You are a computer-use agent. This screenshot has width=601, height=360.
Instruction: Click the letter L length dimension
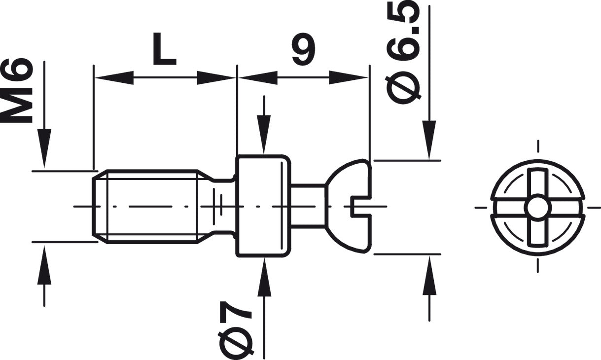click(x=164, y=49)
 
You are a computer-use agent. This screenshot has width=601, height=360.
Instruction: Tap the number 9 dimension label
click(x=303, y=49)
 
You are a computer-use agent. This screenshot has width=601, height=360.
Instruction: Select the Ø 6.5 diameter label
click(x=403, y=52)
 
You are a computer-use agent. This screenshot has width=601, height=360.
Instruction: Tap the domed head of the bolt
click(x=349, y=206)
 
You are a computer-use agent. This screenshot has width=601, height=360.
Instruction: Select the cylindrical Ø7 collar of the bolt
click(x=263, y=206)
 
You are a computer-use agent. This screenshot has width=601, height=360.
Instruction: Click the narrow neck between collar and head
click(x=308, y=206)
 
